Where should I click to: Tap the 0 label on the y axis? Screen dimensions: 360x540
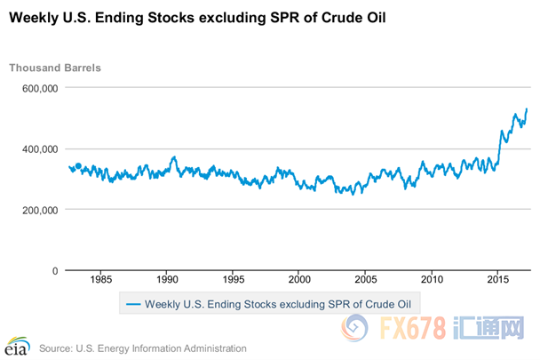click(x=54, y=270)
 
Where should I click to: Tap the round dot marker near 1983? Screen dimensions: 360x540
click(x=78, y=165)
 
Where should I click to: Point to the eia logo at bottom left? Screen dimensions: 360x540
click(x=17, y=344)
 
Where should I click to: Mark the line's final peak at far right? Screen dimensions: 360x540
click(x=527, y=109)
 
